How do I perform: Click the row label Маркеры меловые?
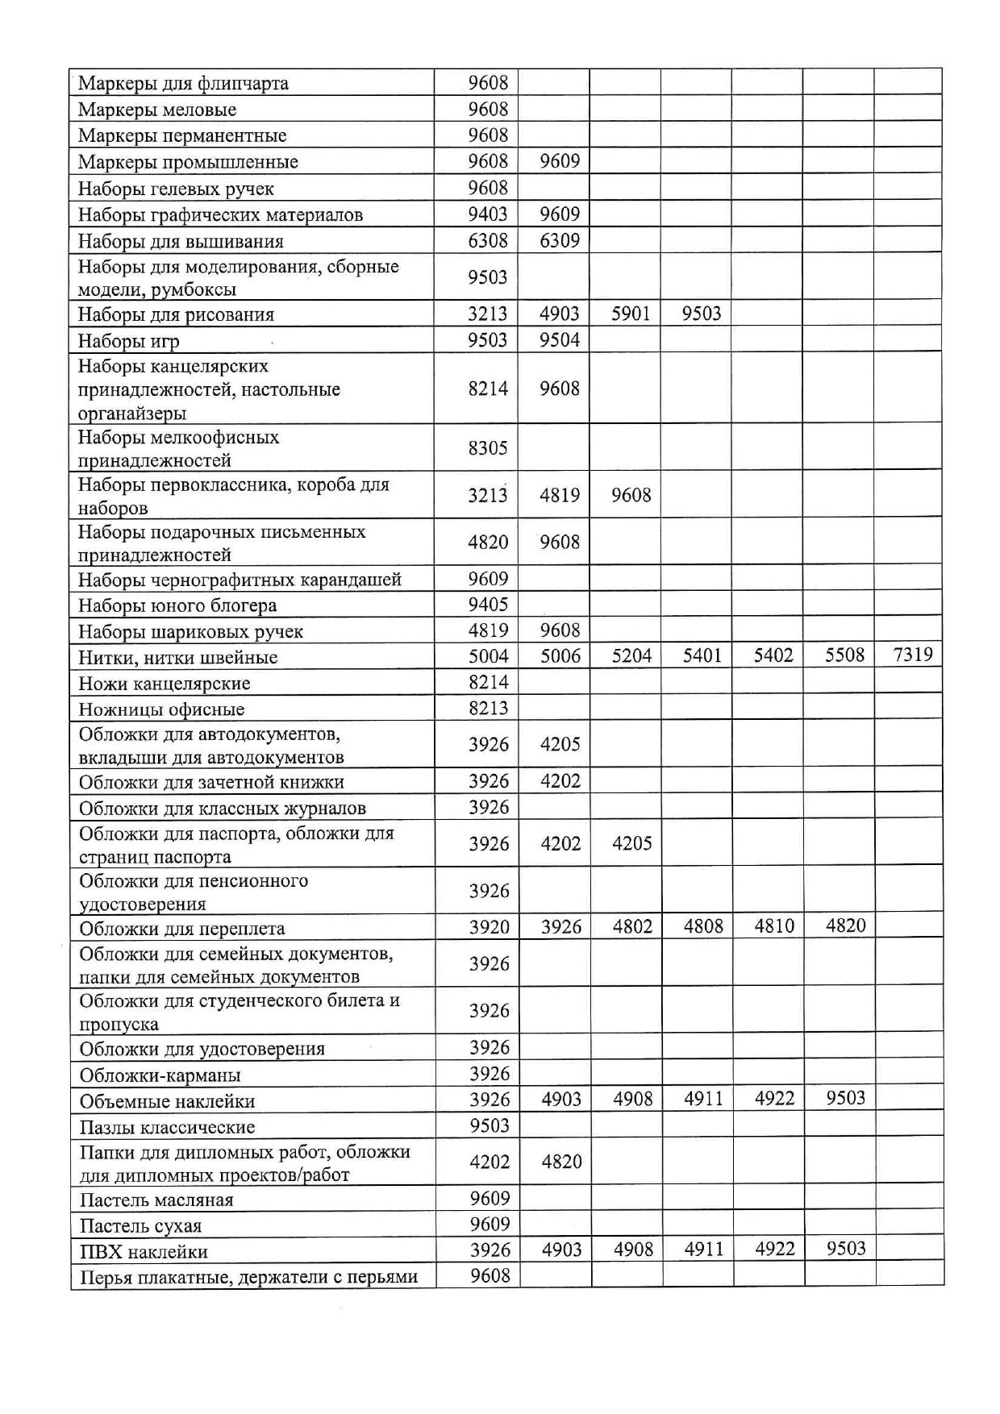(x=157, y=110)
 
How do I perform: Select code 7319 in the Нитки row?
(x=913, y=655)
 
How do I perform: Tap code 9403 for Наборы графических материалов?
(x=488, y=214)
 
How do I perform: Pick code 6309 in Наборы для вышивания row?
(x=560, y=240)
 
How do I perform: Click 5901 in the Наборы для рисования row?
(x=631, y=314)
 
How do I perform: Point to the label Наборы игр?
(x=129, y=341)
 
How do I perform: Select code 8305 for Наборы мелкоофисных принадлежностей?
(x=488, y=447)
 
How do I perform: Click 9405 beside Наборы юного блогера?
(x=489, y=605)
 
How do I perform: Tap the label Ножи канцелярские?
(x=165, y=684)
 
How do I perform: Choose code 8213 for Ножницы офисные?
(x=489, y=709)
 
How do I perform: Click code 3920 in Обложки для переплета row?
(x=490, y=927)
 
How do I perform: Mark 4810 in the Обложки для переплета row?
(x=774, y=925)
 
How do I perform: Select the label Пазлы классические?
(x=167, y=1127)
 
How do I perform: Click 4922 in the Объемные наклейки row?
(x=774, y=1098)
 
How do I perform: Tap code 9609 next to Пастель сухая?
(x=490, y=1224)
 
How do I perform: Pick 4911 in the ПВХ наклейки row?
(x=704, y=1249)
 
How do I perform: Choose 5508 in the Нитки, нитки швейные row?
(x=844, y=655)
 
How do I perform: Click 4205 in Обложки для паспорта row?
(x=632, y=843)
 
